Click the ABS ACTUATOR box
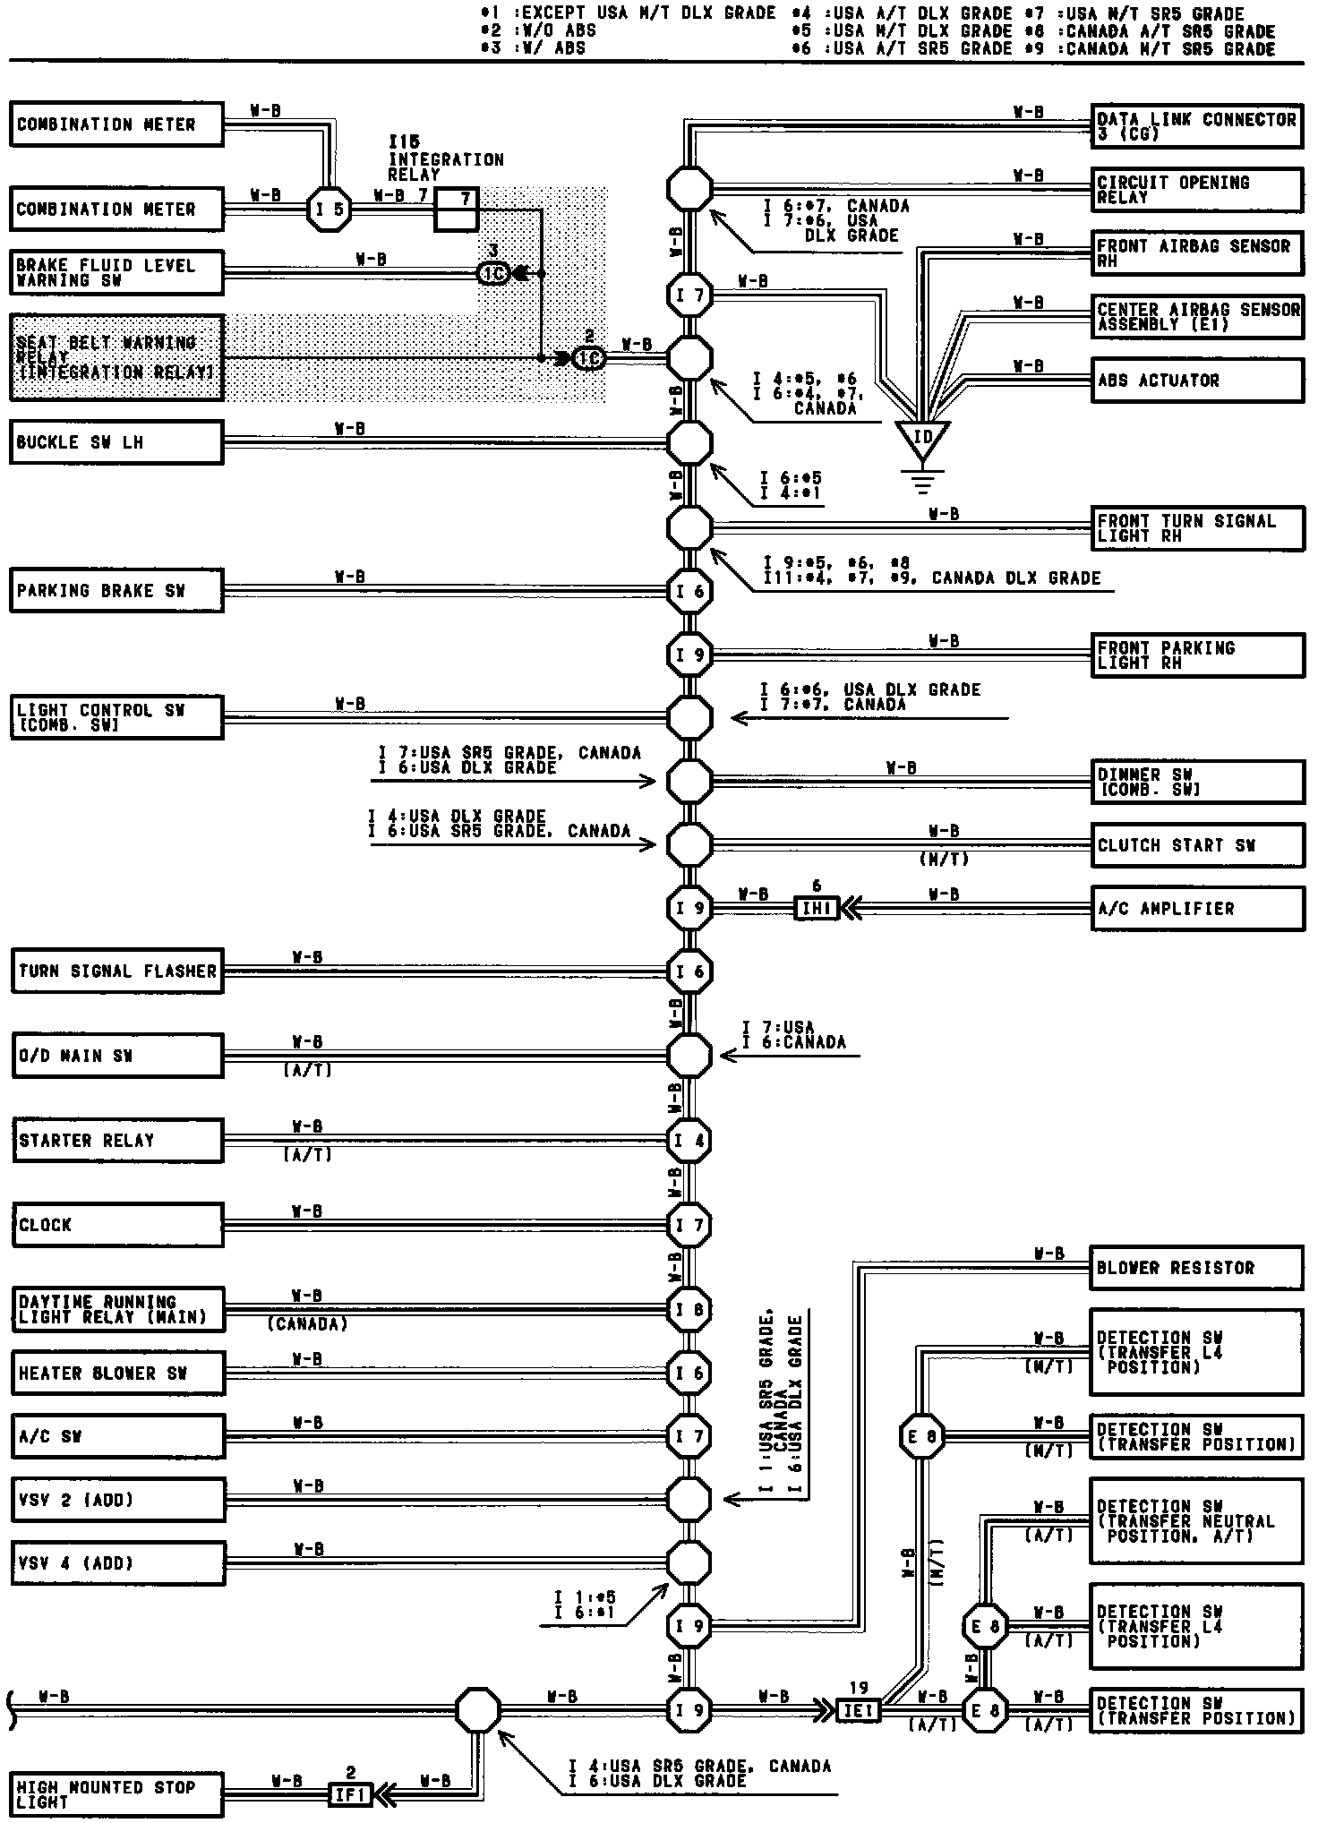1196,381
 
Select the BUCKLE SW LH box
116,442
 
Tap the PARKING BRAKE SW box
116,591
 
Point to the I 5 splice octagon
328,210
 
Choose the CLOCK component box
116,1225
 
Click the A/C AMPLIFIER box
1196,909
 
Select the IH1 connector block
817,909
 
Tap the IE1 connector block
858,1710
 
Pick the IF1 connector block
350,1795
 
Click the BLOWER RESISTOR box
1196,1268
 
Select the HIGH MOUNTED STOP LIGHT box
116,1794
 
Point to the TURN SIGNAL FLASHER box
116,971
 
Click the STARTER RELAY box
116,1141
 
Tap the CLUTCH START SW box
1196,845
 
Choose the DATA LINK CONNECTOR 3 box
1196,125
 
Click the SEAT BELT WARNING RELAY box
116,357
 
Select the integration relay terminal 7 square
456,210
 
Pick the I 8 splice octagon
689,1309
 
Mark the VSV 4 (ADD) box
116,1563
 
